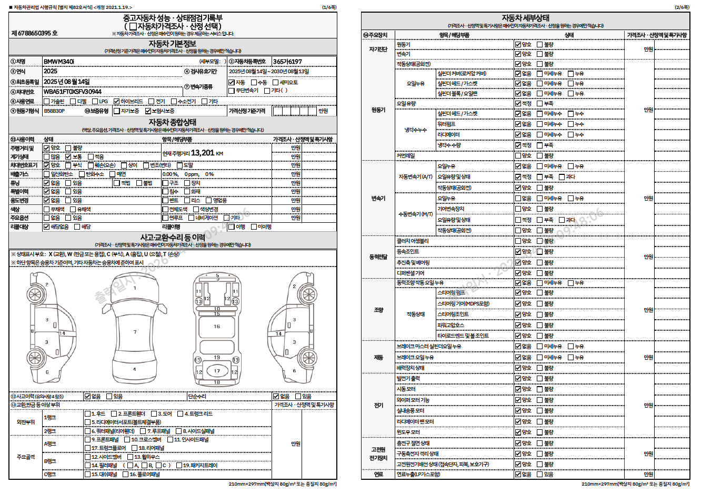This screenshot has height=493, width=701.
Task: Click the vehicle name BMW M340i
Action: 59,62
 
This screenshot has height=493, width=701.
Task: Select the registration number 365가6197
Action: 287,62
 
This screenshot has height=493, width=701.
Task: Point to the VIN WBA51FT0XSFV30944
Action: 73,92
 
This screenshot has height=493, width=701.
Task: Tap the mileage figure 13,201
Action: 203,153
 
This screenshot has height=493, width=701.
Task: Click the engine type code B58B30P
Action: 54,111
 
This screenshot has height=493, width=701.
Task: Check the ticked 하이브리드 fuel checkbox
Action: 116,101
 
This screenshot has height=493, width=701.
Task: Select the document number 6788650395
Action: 34,33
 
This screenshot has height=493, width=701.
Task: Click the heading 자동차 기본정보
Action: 172,44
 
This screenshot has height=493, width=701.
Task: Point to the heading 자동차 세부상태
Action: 525,18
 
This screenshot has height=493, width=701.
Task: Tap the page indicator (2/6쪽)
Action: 682,7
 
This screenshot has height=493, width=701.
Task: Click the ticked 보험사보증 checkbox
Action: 148,111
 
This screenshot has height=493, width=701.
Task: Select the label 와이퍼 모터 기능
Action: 413,400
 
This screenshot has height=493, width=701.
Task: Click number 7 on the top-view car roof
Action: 135,332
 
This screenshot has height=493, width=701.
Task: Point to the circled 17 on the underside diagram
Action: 217,371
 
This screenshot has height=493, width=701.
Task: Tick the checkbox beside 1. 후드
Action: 88,414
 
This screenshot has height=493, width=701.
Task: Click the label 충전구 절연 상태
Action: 413,443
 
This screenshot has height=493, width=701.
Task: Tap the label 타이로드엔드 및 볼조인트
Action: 463,336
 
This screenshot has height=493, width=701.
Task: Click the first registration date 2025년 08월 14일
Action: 66,82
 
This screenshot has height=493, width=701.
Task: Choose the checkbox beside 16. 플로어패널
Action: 126,474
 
